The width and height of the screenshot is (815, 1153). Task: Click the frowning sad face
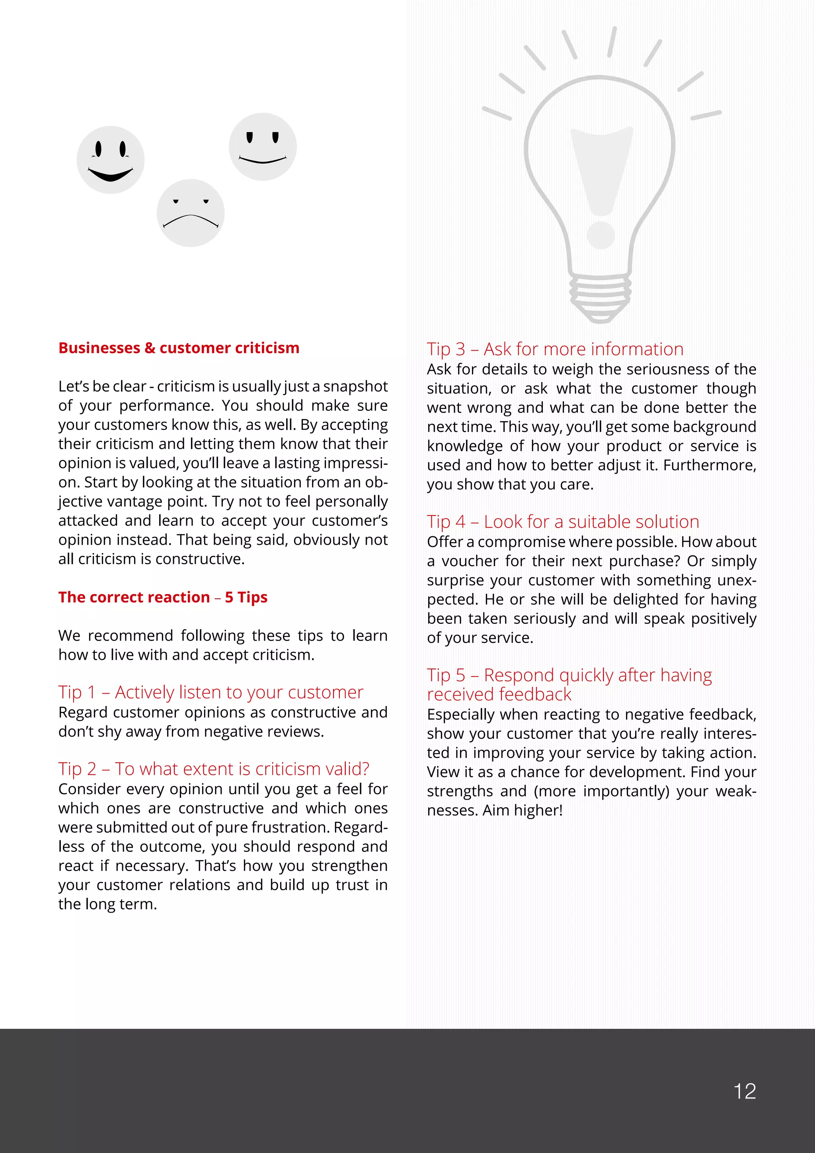tap(190, 213)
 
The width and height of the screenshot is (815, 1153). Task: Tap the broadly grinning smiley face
tap(110, 160)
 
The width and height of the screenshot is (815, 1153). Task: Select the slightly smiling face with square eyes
tap(263, 147)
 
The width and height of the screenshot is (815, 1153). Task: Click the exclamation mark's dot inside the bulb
tap(601, 235)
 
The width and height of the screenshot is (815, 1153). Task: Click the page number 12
tap(744, 1091)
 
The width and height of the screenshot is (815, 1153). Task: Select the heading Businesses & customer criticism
tap(179, 348)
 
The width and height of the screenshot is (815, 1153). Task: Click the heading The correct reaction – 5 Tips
tap(163, 597)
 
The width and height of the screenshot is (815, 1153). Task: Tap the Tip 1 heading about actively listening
tap(210, 692)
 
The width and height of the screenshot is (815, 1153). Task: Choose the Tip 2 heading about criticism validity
tap(213, 769)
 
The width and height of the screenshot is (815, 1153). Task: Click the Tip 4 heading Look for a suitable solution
tap(563, 522)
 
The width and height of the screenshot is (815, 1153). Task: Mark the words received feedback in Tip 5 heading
tap(499, 694)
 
